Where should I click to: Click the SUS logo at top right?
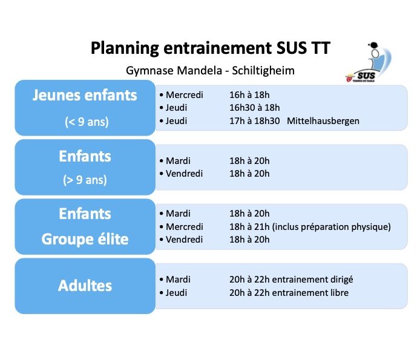(369, 62)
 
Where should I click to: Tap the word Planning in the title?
(125, 48)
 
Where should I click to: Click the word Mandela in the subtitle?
(200, 71)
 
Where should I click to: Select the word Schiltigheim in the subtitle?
(263, 71)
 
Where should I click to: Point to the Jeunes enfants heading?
(85, 96)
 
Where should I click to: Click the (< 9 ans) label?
(87, 122)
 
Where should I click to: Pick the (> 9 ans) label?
(85, 180)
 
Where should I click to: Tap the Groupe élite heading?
(85, 239)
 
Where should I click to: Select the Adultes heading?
(85, 286)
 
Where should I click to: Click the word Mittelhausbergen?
(323, 121)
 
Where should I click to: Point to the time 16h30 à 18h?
(254, 108)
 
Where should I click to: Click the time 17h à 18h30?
(254, 121)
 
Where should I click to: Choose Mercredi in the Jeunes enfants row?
(185, 95)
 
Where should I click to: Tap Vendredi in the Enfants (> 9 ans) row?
(185, 174)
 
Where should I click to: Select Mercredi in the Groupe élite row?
(185, 227)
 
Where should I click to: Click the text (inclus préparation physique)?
(331, 227)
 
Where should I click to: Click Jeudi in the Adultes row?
(176, 293)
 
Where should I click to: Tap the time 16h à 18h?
(249, 95)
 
